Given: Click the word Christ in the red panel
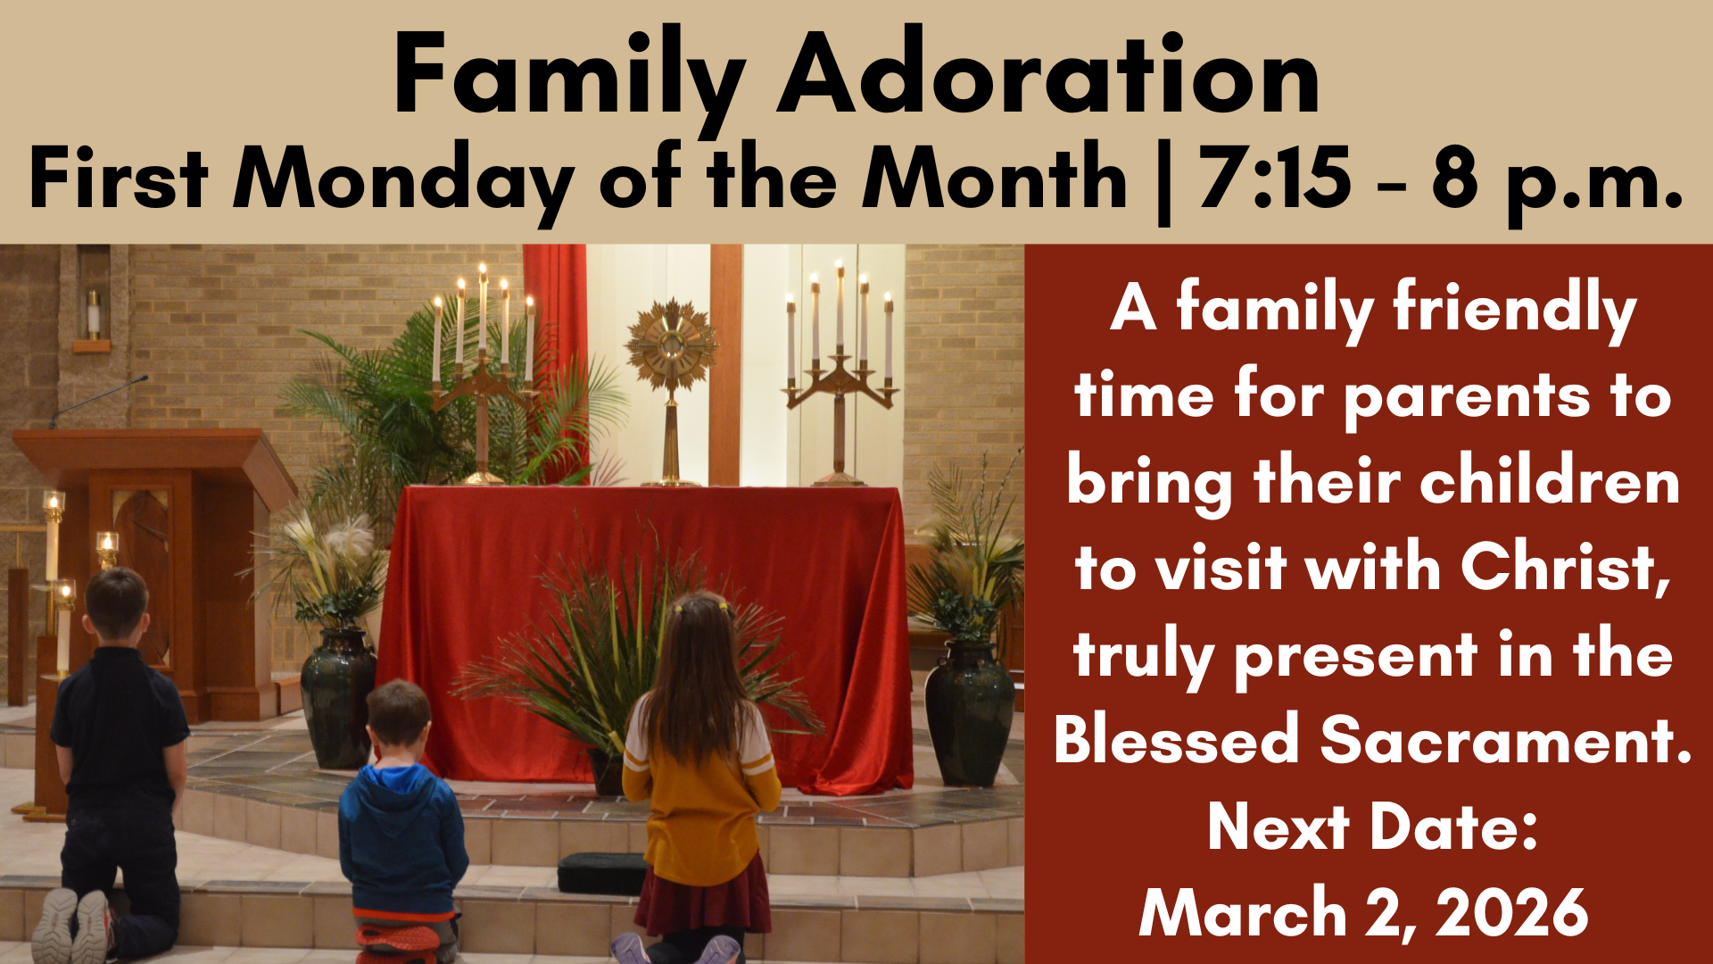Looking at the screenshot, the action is click(1566, 568).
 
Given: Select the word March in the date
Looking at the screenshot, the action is click(1242, 912).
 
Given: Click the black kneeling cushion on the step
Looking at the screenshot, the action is click(603, 872).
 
